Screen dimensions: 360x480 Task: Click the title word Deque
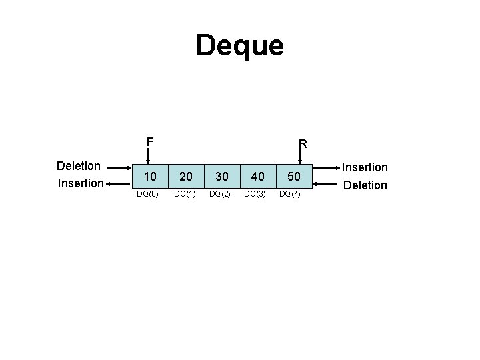tap(240, 46)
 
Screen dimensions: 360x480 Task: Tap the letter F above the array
tap(150, 141)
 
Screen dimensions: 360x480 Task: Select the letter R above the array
tap(302, 143)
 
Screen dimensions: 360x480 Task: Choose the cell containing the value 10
tap(151, 177)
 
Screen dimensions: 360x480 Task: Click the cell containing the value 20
tap(187, 177)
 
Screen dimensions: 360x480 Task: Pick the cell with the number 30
tap(222, 177)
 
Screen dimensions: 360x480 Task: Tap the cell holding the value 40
tap(257, 177)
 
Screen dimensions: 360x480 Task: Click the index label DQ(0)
tap(147, 194)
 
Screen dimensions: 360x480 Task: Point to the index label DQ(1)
tap(185, 194)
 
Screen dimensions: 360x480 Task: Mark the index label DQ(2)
tap(220, 194)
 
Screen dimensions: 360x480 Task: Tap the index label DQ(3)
tap(255, 194)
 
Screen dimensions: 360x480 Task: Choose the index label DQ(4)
tap(291, 194)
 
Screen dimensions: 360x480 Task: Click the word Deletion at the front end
tap(79, 165)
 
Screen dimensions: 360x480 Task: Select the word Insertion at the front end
tap(80, 183)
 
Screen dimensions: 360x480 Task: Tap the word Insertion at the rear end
tap(365, 167)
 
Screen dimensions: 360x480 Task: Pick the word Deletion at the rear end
tap(365, 185)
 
